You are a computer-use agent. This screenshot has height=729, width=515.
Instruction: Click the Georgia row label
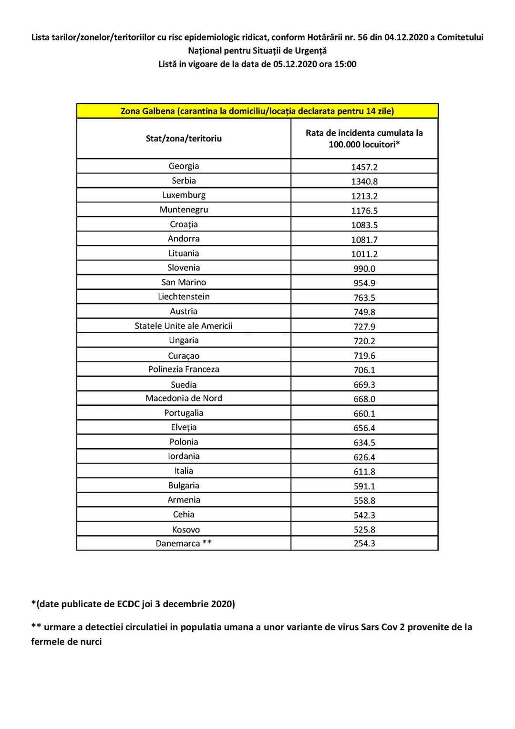coord(184,166)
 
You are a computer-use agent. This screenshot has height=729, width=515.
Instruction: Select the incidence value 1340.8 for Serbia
coord(364,181)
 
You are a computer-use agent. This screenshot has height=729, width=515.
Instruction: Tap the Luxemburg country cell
coord(184,195)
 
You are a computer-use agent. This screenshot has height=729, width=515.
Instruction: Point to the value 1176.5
coord(364,211)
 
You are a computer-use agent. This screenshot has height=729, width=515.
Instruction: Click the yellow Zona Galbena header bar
coord(257,111)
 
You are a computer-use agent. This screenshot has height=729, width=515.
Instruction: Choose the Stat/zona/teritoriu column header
coord(184,138)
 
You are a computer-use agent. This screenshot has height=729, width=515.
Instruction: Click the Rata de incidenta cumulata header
coord(364,138)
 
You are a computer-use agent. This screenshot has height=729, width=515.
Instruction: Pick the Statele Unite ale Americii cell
coord(184,326)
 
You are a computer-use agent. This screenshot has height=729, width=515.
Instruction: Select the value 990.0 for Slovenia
coord(364,269)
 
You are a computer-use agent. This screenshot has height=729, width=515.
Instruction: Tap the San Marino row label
coord(184,282)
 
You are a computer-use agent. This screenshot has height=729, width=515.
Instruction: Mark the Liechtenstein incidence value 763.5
coord(364,298)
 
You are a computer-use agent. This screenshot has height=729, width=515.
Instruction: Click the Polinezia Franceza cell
coord(184,370)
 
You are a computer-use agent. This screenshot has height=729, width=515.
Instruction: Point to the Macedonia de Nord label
coord(184,398)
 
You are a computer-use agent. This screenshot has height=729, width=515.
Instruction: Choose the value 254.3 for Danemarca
coord(364,543)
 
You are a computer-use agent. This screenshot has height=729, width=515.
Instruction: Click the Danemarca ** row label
coord(184,543)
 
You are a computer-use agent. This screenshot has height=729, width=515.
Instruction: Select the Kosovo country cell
coord(186,529)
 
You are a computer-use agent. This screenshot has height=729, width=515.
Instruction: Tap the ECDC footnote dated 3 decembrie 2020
coord(133,604)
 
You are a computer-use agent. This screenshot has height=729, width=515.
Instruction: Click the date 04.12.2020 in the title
coord(406,37)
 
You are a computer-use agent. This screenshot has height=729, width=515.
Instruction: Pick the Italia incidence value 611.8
coord(364,472)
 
